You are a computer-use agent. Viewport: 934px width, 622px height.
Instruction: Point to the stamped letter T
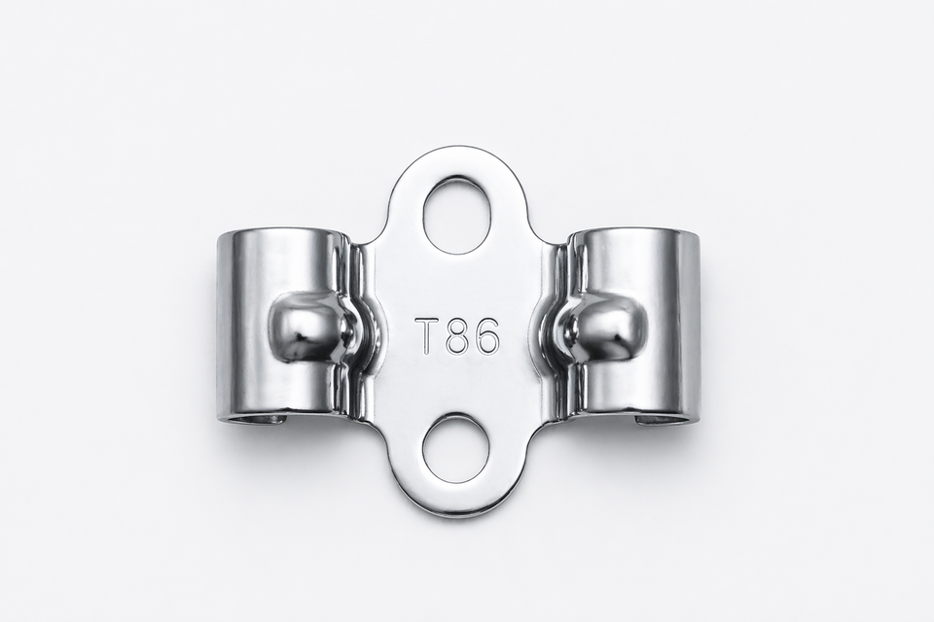(429, 336)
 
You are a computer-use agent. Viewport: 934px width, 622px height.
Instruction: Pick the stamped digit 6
(485, 336)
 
